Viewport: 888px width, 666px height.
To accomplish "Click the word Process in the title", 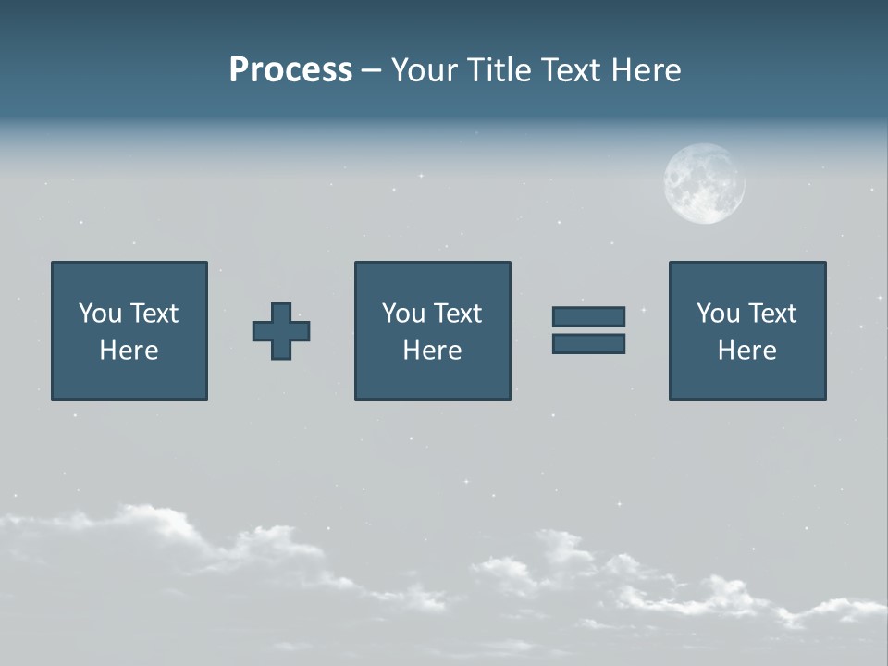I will click(x=290, y=70).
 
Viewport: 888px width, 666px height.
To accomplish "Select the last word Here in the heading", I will click(x=647, y=70).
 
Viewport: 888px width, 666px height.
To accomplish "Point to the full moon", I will click(x=704, y=183).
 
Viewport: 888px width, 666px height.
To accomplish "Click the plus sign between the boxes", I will click(x=281, y=331).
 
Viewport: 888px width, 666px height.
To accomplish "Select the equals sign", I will click(x=588, y=330).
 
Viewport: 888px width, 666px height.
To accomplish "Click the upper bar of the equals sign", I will click(x=588, y=316).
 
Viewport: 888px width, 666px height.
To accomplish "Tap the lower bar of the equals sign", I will click(x=588, y=344).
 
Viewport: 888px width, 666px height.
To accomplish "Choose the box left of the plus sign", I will click(x=129, y=330).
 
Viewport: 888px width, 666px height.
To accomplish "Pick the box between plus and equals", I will click(x=432, y=330).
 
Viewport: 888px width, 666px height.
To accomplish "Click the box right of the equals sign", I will click(x=746, y=330).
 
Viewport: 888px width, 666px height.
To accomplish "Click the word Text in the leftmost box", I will click(x=155, y=314).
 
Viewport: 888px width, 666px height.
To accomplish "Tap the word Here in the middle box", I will click(x=432, y=351).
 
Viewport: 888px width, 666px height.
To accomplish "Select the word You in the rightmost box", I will click(x=718, y=314).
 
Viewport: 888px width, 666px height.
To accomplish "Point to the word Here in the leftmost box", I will click(x=129, y=351).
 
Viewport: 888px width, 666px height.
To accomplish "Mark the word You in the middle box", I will click(x=403, y=314).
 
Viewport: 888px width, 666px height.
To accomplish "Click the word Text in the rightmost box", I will click(x=773, y=314).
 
